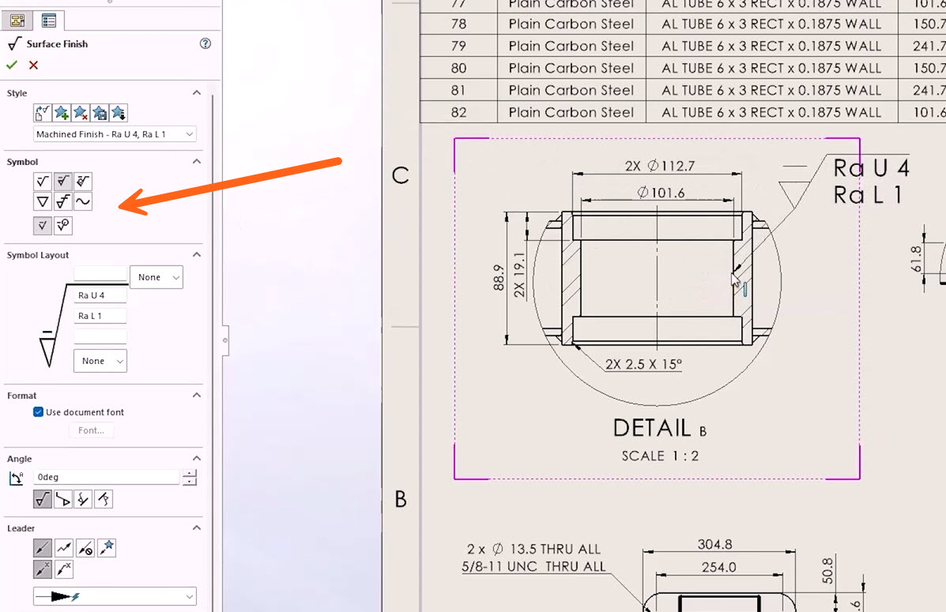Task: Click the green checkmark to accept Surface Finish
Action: tap(12, 65)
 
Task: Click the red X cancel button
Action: tap(34, 65)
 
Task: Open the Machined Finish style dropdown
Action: tap(115, 134)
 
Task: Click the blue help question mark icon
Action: tap(205, 43)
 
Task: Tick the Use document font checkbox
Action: tap(38, 412)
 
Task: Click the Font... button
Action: tap(91, 430)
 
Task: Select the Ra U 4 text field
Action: tap(100, 295)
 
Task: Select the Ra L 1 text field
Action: tap(100, 316)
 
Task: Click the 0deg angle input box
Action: tap(106, 477)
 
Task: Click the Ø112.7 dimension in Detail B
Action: tap(660, 166)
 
